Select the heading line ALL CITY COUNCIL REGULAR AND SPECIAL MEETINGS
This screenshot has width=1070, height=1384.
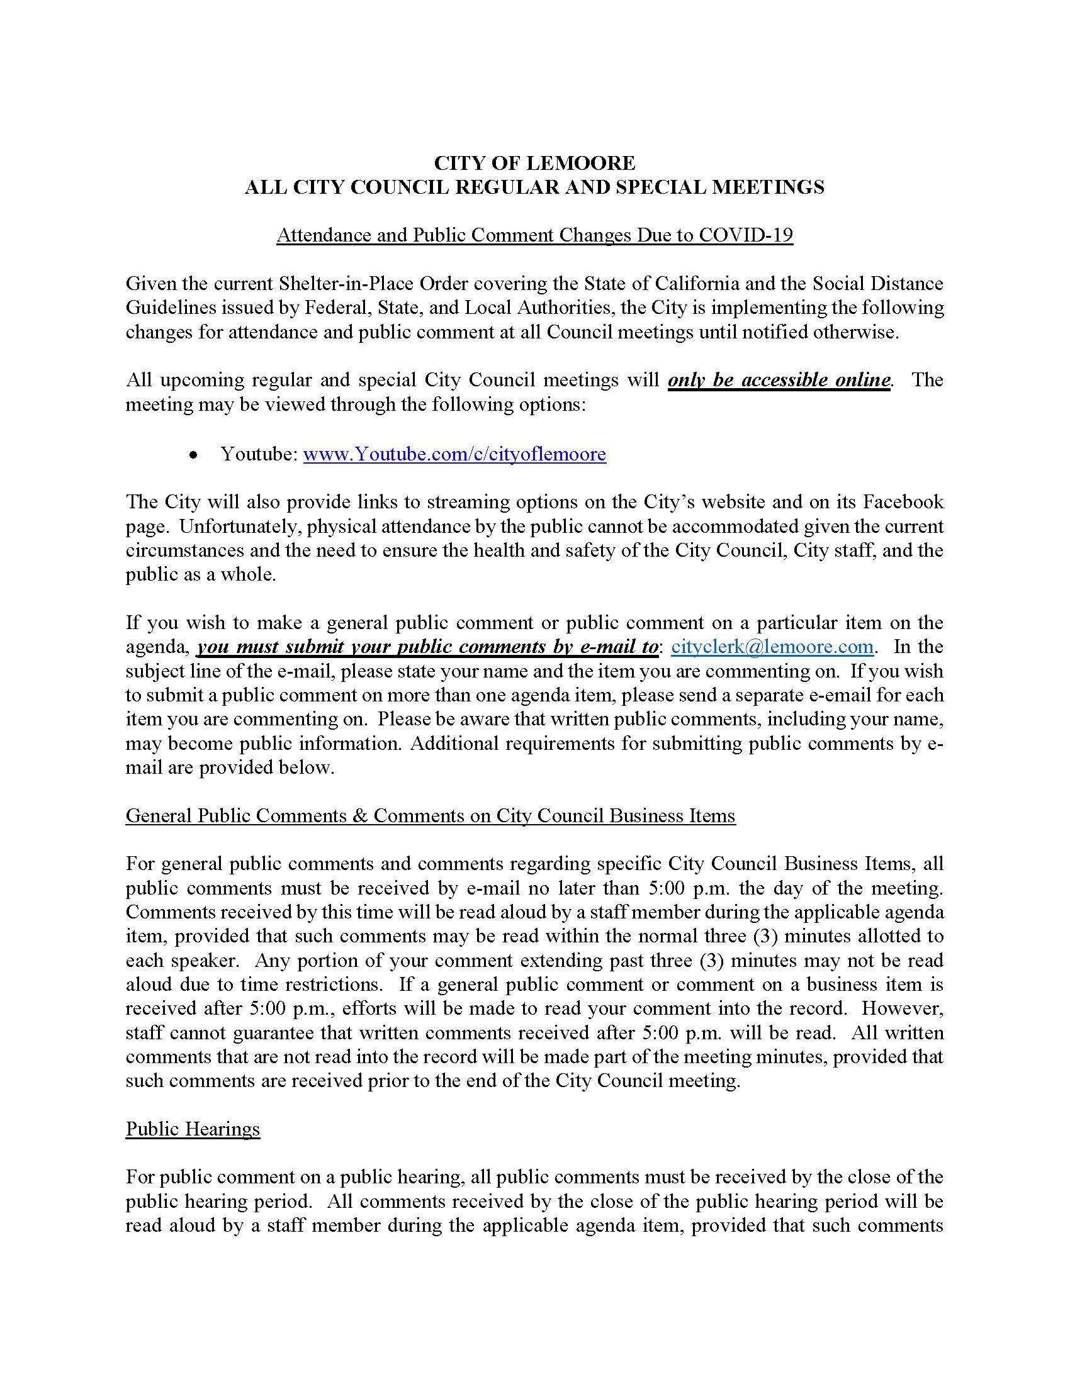[534, 187]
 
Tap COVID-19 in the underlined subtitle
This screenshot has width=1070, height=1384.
[745, 235]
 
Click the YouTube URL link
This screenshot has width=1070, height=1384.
[454, 454]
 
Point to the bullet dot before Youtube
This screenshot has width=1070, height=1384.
[194, 455]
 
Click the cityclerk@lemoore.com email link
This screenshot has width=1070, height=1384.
[772, 647]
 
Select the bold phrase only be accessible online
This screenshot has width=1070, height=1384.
[779, 379]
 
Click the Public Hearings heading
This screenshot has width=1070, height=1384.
[193, 1129]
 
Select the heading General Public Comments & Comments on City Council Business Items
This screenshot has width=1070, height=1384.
[431, 815]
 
